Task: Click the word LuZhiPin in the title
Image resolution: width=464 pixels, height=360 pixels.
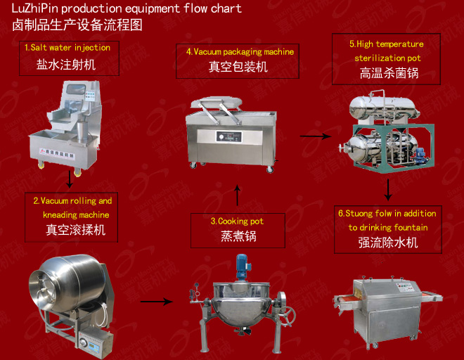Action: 35,8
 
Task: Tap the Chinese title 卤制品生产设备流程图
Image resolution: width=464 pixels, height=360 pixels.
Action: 77,25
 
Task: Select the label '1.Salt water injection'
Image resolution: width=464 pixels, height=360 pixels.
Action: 67,47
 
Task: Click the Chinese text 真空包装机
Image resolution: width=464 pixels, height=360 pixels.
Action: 238,67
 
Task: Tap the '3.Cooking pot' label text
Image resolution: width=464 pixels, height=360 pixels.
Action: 237,221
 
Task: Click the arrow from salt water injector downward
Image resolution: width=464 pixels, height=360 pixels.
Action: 70,179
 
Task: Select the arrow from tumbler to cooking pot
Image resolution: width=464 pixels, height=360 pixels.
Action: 157,302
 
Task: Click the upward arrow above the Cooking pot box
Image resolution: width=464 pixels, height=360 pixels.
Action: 237,195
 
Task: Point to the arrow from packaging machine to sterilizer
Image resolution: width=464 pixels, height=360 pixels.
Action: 316,136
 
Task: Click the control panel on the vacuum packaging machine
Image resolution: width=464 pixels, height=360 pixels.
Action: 228,137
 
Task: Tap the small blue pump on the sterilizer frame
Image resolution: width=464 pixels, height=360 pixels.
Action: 420,156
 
